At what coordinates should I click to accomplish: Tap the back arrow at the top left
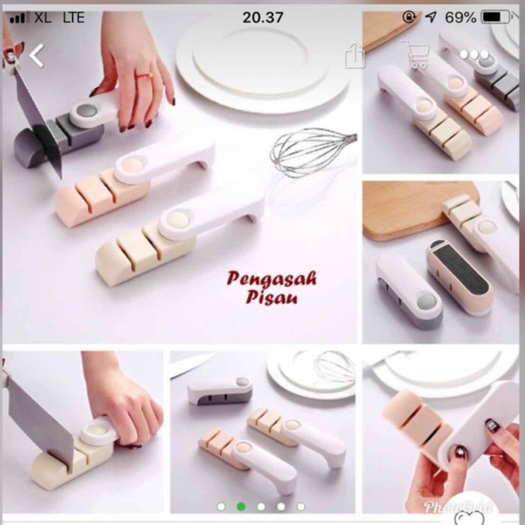pyautogui.click(x=36, y=56)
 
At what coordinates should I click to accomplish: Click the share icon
pyautogui.click(x=354, y=56)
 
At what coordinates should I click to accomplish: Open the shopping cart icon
pyautogui.click(x=417, y=55)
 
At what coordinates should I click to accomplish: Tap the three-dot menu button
pyautogui.click(x=473, y=55)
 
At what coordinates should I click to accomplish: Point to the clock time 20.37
pyautogui.click(x=262, y=17)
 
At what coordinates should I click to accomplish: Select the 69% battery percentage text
pyautogui.click(x=459, y=17)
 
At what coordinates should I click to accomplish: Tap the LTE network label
pyautogui.click(x=72, y=17)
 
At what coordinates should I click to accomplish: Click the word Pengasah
pyautogui.click(x=273, y=280)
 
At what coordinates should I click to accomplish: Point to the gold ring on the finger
pyautogui.click(x=146, y=75)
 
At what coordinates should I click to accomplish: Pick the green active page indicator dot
pyautogui.click(x=241, y=506)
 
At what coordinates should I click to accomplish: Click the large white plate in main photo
pyautogui.click(x=262, y=62)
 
